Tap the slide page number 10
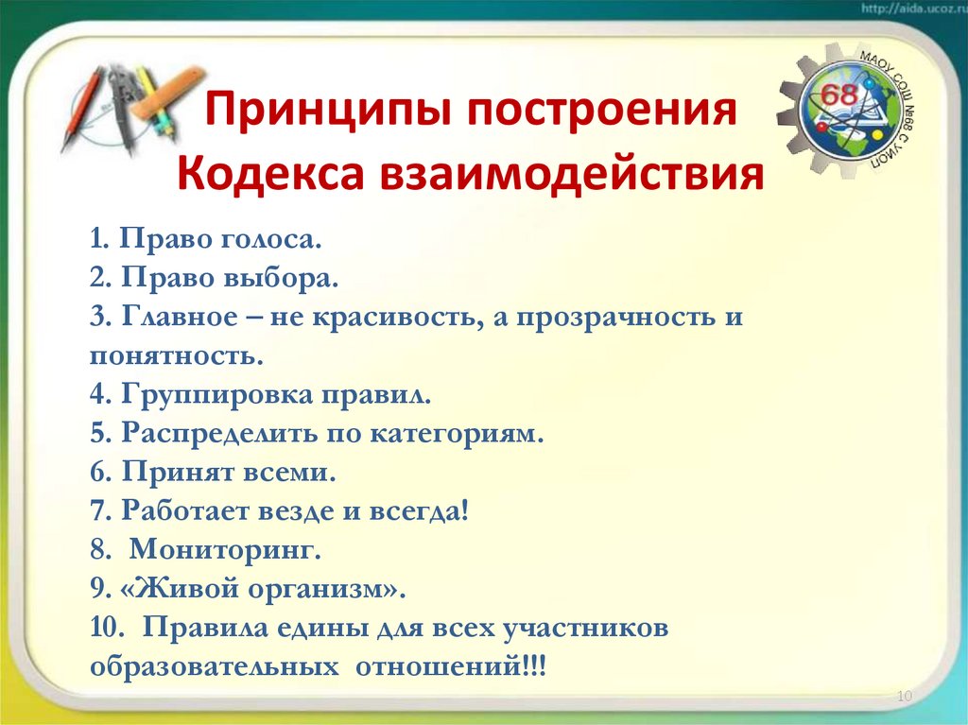click(x=902, y=697)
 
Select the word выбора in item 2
click(x=288, y=279)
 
